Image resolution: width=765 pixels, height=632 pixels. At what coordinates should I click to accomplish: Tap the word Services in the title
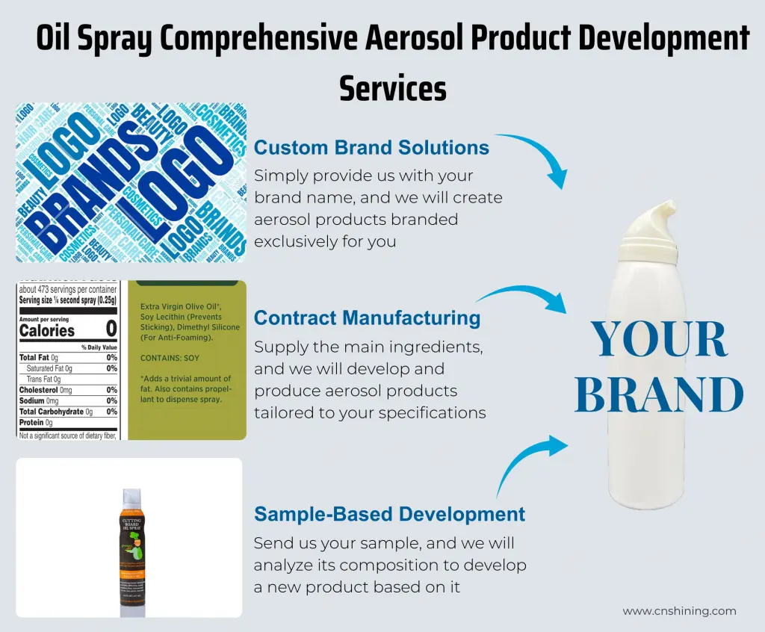[x=393, y=88]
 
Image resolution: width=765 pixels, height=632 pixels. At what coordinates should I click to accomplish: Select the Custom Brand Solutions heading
[x=371, y=147]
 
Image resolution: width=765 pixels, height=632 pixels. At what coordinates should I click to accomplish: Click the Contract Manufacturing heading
[x=367, y=317]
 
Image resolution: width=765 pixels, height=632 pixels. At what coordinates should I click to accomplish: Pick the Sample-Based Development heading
[x=389, y=514]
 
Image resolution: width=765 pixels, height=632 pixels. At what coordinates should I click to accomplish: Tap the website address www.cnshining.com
[x=679, y=610]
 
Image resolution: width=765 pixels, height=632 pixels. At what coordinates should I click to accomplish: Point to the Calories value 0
[x=111, y=329]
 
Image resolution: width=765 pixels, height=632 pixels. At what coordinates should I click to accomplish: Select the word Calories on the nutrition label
[x=47, y=330]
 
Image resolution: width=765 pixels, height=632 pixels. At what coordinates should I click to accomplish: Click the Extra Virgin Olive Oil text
[x=180, y=307]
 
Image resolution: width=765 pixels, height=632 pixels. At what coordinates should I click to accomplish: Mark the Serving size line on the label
[x=67, y=300]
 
